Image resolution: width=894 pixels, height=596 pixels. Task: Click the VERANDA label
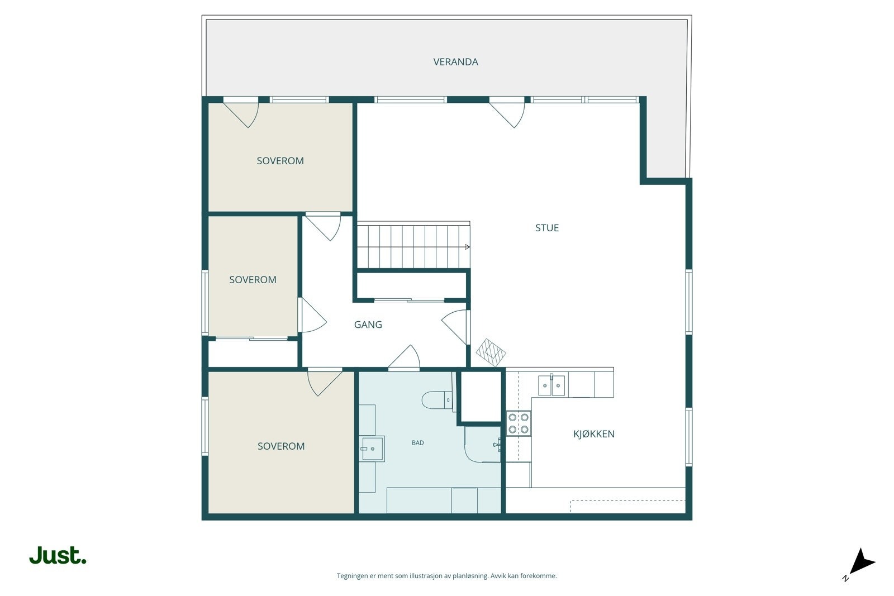(455, 62)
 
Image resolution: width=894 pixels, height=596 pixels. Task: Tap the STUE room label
(546, 228)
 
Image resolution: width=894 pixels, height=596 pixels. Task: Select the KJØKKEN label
(593, 434)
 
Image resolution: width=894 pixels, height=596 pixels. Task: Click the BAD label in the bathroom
(417, 443)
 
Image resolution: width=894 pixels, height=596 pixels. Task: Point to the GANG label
(368, 325)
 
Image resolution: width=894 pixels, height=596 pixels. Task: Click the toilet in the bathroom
(436, 400)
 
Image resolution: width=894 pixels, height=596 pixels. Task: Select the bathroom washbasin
(372, 449)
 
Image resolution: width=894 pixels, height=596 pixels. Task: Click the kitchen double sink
(551, 385)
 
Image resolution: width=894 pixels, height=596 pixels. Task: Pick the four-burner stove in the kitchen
(519, 423)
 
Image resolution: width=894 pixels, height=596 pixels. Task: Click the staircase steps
(412, 247)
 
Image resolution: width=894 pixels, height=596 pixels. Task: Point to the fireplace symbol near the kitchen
(491, 352)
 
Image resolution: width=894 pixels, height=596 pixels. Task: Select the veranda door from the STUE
(507, 112)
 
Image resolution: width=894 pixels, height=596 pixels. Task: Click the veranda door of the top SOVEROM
(241, 112)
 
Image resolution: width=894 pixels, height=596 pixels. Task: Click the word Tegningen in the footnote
(352, 576)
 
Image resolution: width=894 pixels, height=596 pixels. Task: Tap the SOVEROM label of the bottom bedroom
(281, 446)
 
